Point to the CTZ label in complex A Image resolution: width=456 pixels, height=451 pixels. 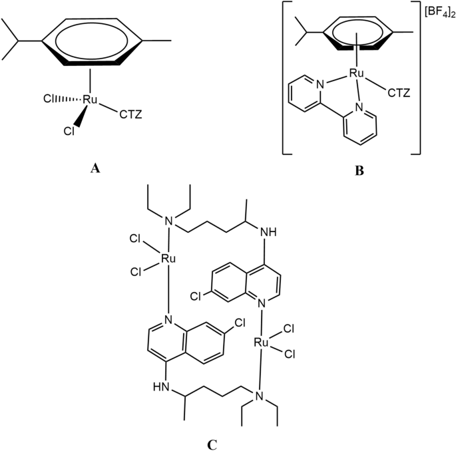click(132, 118)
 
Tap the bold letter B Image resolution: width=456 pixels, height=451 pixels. click(359, 170)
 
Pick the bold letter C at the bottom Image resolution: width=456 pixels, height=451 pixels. click(211, 440)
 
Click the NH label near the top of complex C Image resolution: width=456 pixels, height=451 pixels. click(269, 233)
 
